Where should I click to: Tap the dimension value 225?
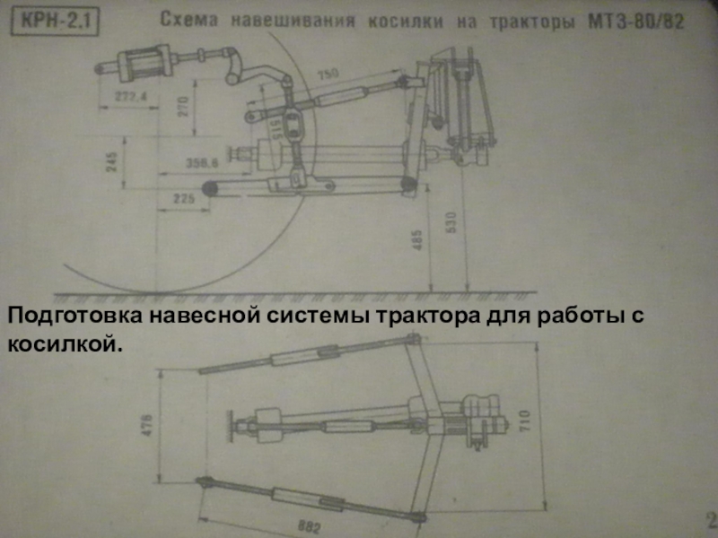pyautogui.click(x=184, y=200)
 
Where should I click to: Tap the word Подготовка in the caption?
pyautogui.click(x=75, y=317)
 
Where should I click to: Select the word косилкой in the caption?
pyautogui.click(x=63, y=343)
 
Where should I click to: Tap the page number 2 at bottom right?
pyautogui.click(x=710, y=521)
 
